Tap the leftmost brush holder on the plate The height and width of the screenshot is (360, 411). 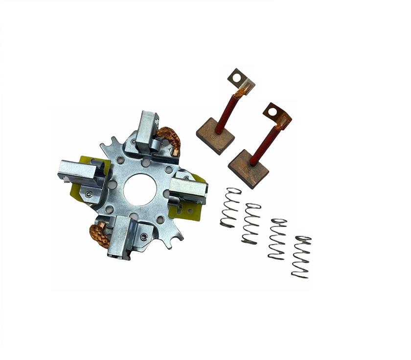pos(80,172)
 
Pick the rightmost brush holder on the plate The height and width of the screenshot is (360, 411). pos(190,188)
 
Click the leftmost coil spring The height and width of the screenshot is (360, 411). pos(230,208)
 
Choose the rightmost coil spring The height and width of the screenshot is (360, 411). pos(301,257)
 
